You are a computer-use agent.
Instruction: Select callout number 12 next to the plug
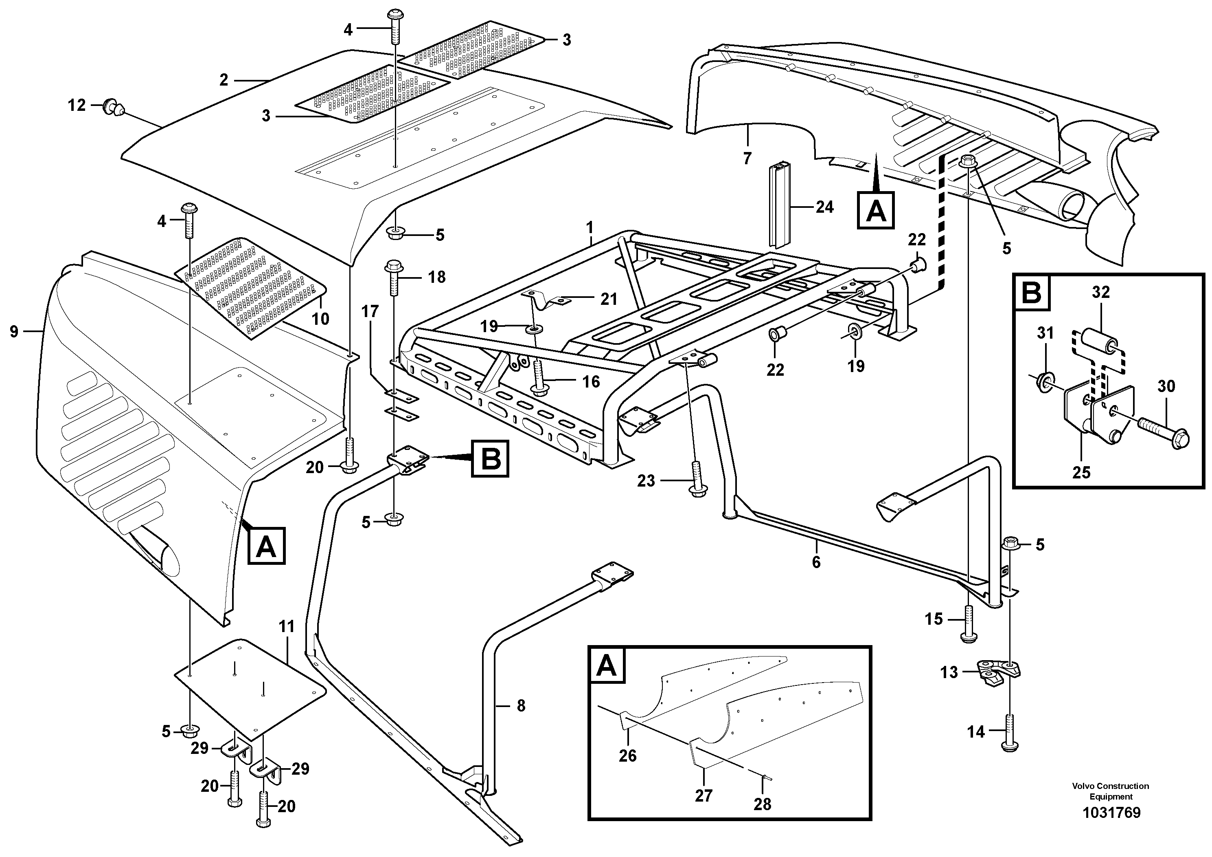(x=77, y=105)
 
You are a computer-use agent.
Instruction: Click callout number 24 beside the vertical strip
(x=824, y=207)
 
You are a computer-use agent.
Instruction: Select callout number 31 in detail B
(x=1045, y=333)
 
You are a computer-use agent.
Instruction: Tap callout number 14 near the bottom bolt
(x=976, y=732)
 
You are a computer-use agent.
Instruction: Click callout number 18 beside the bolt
(x=436, y=277)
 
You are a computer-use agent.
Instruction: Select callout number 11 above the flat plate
(x=286, y=627)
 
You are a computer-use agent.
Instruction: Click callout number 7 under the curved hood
(x=747, y=158)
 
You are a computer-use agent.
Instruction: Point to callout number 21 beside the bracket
(x=609, y=299)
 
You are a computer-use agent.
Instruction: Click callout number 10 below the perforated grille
(x=320, y=319)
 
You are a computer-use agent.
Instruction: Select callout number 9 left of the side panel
(x=14, y=331)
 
